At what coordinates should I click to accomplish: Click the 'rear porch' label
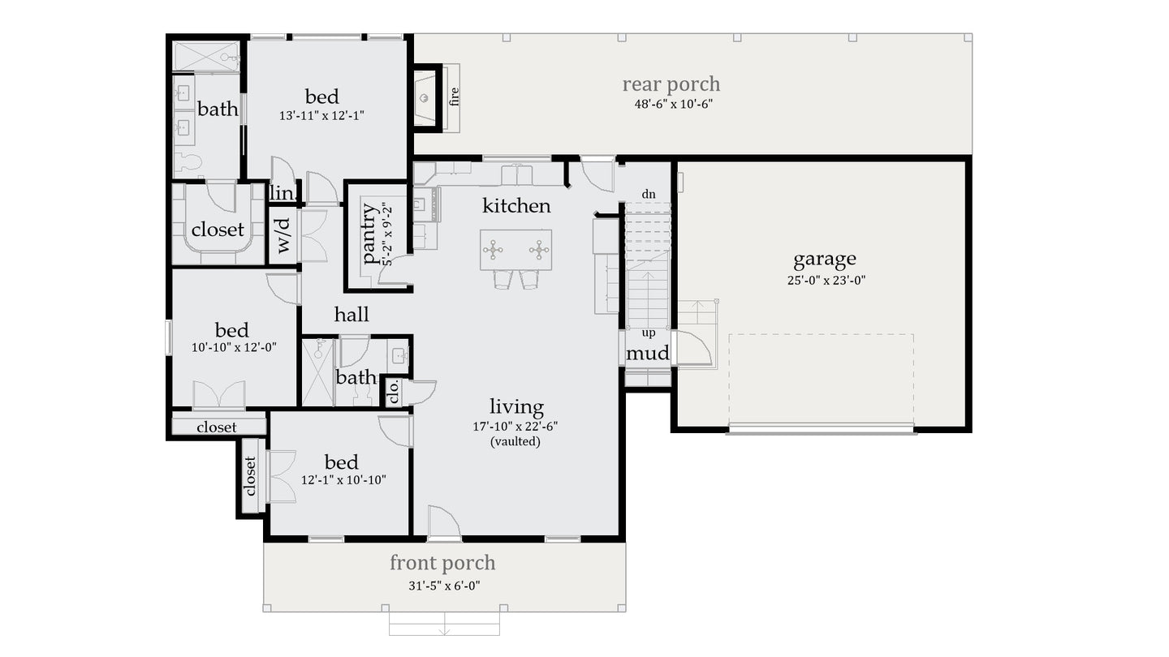(x=671, y=84)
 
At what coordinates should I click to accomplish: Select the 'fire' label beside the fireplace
(x=454, y=97)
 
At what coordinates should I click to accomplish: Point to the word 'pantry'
(x=369, y=234)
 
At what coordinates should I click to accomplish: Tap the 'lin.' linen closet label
(x=282, y=193)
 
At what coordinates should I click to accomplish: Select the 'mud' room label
(x=648, y=353)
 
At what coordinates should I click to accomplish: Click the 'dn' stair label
(x=649, y=195)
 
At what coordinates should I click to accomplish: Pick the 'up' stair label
(x=649, y=333)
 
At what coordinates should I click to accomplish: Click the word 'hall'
(x=352, y=315)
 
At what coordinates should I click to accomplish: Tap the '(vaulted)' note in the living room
(x=515, y=442)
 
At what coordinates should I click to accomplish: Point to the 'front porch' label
(x=442, y=563)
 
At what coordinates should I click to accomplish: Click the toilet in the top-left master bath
(x=188, y=162)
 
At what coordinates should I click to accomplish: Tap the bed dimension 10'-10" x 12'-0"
(x=234, y=347)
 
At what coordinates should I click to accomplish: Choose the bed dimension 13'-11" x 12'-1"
(x=321, y=116)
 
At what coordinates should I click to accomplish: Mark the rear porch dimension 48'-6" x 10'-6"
(x=673, y=104)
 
